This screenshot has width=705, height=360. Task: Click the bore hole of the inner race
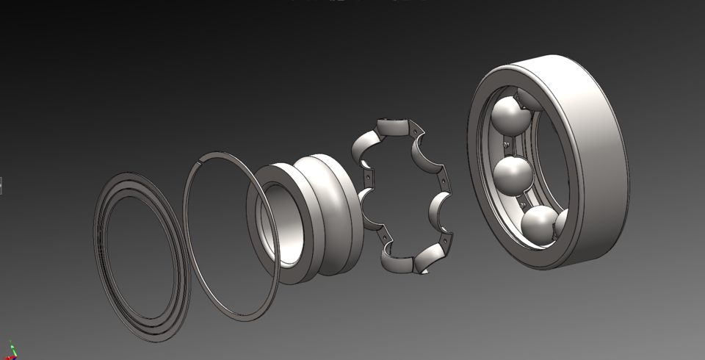[282, 220]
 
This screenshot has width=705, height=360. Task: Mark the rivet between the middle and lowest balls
[523, 201]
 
